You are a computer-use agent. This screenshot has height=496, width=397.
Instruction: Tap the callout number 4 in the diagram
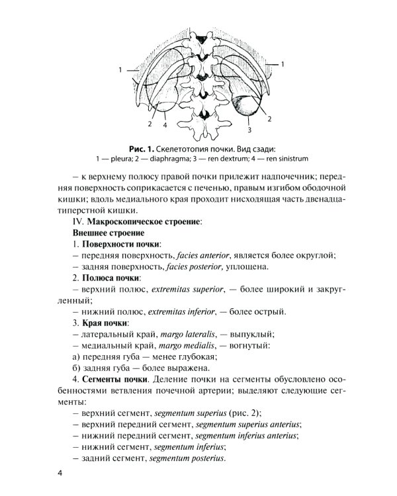(164, 124)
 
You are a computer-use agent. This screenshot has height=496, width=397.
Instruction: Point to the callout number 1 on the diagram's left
(120, 69)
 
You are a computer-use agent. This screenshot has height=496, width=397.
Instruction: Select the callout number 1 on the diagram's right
(283, 64)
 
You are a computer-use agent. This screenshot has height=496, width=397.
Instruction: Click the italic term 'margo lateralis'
(187, 334)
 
